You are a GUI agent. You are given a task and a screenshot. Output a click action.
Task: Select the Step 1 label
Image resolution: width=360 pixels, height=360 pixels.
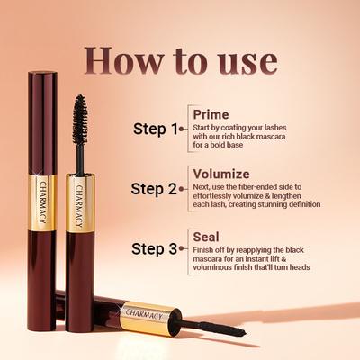point(155,129)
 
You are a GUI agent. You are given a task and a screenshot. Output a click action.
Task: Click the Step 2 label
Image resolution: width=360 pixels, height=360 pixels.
point(155,189)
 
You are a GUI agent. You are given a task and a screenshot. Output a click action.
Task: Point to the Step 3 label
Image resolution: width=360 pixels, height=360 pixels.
point(155,248)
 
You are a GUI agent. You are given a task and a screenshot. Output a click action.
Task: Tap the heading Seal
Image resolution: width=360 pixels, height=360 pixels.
point(204,236)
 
